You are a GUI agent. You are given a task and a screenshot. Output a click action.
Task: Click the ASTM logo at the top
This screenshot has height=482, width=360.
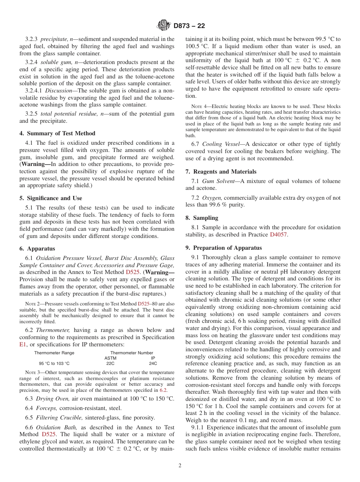164,26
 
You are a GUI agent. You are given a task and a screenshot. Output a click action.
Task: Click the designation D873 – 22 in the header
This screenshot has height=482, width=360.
189,26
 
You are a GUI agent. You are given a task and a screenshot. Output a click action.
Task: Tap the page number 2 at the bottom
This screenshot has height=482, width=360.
180,466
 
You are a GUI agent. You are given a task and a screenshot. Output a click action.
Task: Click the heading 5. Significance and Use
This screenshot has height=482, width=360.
50,198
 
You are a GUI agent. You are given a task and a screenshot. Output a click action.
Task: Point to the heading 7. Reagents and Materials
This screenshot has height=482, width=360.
221,172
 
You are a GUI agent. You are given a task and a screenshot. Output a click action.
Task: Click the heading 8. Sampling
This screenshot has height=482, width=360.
202,218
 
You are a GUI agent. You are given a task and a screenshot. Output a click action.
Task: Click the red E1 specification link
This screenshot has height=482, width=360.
23,344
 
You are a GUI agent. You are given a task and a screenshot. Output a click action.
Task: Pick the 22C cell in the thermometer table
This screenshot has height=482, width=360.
110,363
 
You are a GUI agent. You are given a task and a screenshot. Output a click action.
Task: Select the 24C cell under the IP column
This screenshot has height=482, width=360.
153,363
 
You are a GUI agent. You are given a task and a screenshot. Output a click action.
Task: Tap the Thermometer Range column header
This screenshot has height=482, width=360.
54,353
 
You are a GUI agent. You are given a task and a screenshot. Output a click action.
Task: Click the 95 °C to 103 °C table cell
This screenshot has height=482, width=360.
54,363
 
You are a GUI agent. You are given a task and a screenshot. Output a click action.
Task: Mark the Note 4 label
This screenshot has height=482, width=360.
193,106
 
